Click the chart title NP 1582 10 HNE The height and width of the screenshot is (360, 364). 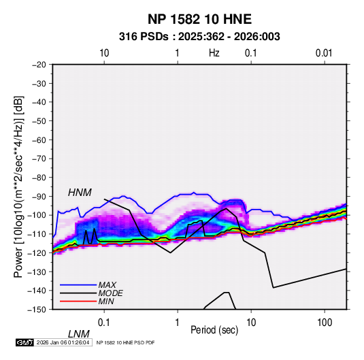(199, 19)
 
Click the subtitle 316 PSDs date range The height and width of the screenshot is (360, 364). (199, 37)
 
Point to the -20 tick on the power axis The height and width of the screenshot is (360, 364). (39, 65)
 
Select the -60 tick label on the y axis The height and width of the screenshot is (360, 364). (39, 140)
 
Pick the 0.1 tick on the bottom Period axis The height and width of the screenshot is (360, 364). (104, 323)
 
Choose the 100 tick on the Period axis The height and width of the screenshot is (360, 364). (325, 323)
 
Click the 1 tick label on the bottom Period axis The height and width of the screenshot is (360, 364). (177, 323)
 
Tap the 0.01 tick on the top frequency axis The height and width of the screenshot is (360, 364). (324, 53)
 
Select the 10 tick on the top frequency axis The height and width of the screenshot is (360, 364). (104, 53)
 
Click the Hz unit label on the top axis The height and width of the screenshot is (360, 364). (214, 53)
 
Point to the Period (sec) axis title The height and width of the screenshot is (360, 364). (214, 330)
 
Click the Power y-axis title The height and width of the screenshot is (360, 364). (18, 186)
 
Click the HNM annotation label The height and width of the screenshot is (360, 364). (80, 193)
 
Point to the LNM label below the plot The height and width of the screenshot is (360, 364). (79, 334)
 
